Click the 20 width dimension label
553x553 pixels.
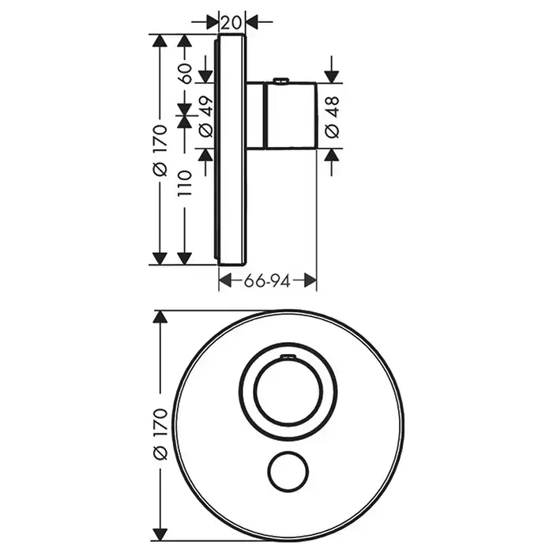tap(231, 23)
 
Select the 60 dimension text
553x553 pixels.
tap(185, 73)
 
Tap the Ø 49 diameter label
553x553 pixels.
tap(206, 116)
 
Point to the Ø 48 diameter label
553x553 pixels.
tap(332, 117)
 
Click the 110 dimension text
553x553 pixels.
tap(185, 183)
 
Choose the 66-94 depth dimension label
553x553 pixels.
tap(267, 281)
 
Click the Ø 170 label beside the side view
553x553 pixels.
tap(160, 150)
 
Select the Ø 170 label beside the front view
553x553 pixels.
tap(160, 434)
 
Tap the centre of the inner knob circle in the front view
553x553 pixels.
tap(288, 392)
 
